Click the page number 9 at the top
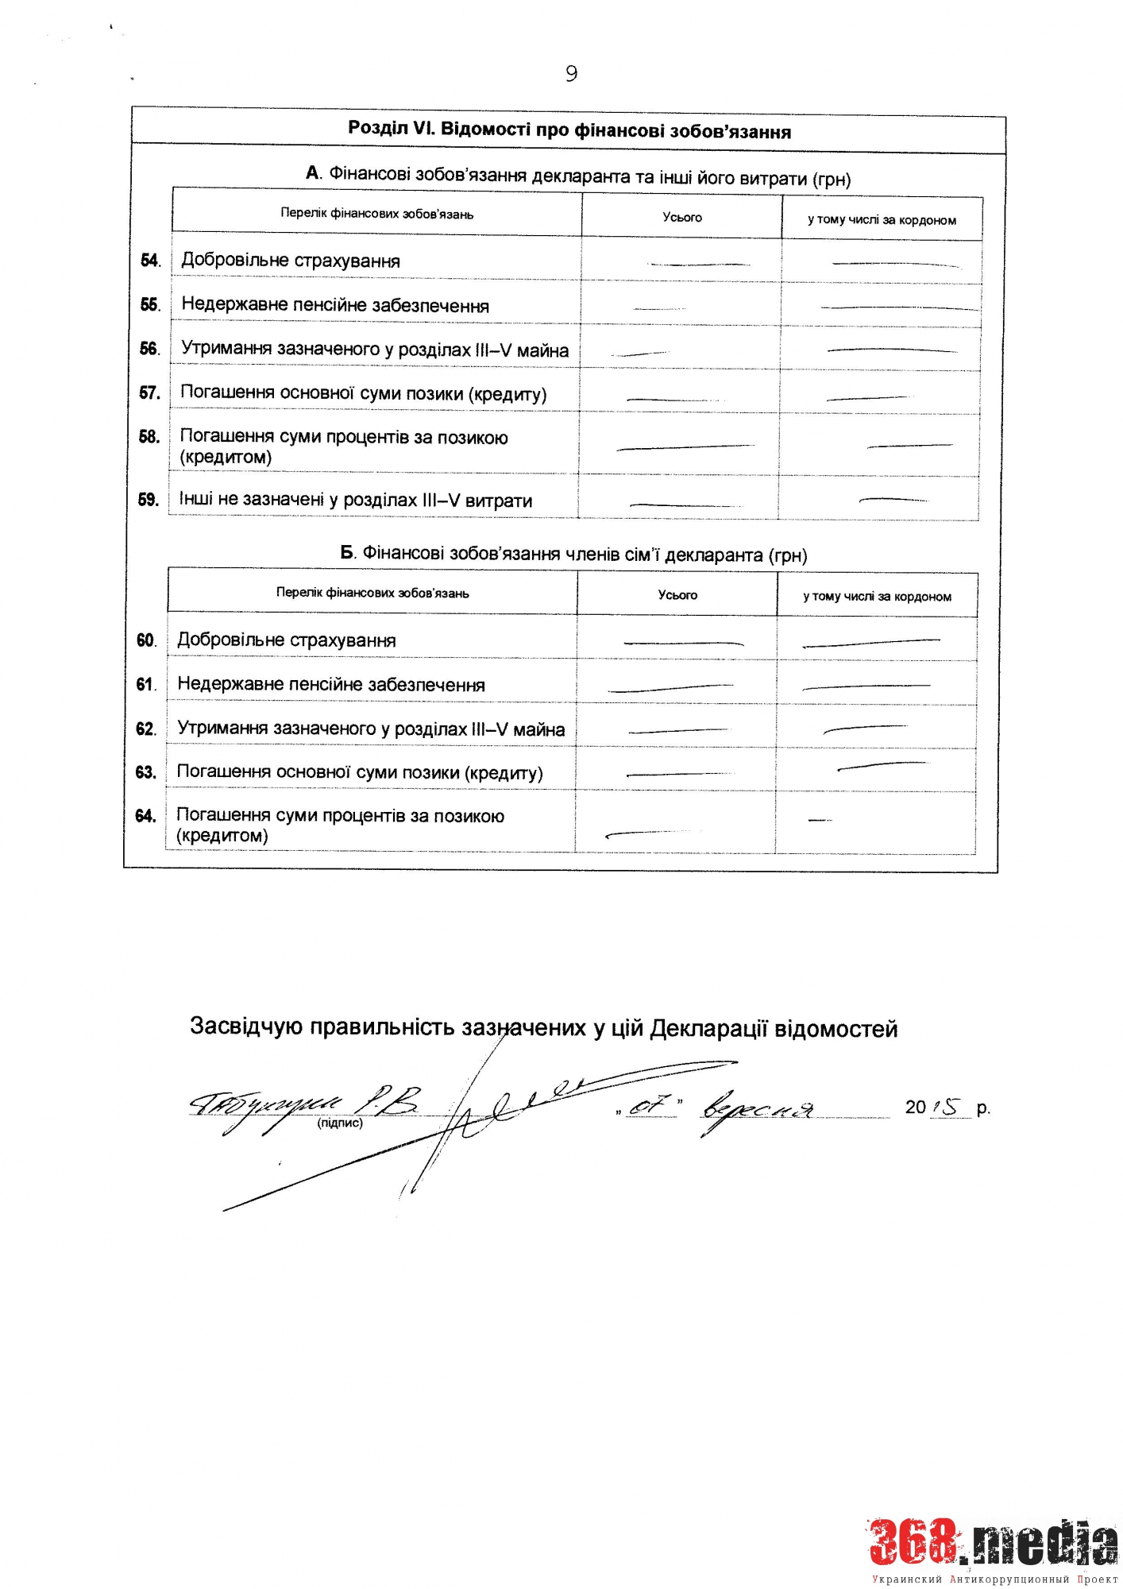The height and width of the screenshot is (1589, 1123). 571,74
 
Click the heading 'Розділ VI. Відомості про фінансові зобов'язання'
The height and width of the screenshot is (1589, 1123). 569,130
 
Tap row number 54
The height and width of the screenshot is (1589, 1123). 150,261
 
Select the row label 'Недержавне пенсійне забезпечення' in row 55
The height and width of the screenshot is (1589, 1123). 335,305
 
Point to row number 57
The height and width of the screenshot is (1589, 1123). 149,392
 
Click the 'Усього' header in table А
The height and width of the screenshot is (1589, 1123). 682,217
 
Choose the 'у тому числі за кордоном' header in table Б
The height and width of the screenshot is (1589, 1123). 877,596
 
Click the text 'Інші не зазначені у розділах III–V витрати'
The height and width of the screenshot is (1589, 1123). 355,500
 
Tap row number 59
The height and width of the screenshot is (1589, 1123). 149,500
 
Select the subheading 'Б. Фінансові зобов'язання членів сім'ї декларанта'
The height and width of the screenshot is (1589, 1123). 573,554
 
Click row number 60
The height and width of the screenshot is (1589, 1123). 146,640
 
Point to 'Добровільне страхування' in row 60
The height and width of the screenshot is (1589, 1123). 286,640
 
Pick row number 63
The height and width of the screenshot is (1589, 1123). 145,772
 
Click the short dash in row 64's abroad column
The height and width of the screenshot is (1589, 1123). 820,820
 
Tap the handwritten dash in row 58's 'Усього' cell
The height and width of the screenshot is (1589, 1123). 685,448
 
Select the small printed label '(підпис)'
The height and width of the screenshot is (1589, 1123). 340,1123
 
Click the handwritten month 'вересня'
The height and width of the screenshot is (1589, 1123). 756,1108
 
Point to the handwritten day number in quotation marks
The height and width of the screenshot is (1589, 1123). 650,1106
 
